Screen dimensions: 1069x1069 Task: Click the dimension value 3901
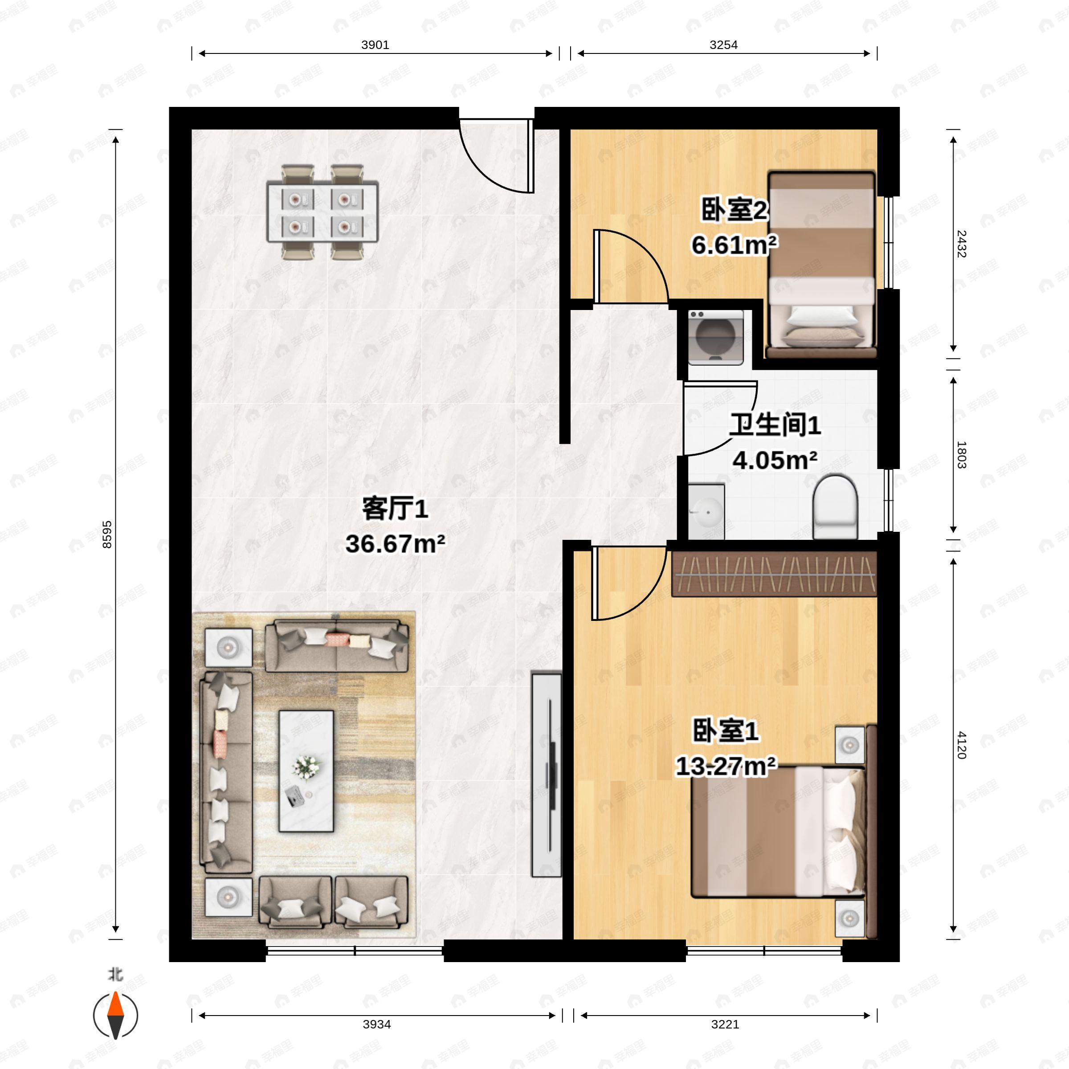[x=375, y=45]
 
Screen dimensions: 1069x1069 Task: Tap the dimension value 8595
[x=107, y=534]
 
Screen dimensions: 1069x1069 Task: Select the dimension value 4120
[x=962, y=745]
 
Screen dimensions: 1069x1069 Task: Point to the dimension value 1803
[x=962, y=455]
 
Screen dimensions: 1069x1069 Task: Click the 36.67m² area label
[x=395, y=544]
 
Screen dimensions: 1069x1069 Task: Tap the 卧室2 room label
[x=734, y=210]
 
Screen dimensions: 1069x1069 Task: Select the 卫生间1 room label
[x=774, y=425]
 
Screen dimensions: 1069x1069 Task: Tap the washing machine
[x=715, y=337]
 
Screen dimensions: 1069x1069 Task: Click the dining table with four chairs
[x=322, y=212]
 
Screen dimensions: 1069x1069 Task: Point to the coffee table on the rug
[x=306, y=771]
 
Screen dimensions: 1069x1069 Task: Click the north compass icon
[x=115, y=1016]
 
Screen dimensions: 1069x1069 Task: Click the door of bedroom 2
[x=631, y=265]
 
